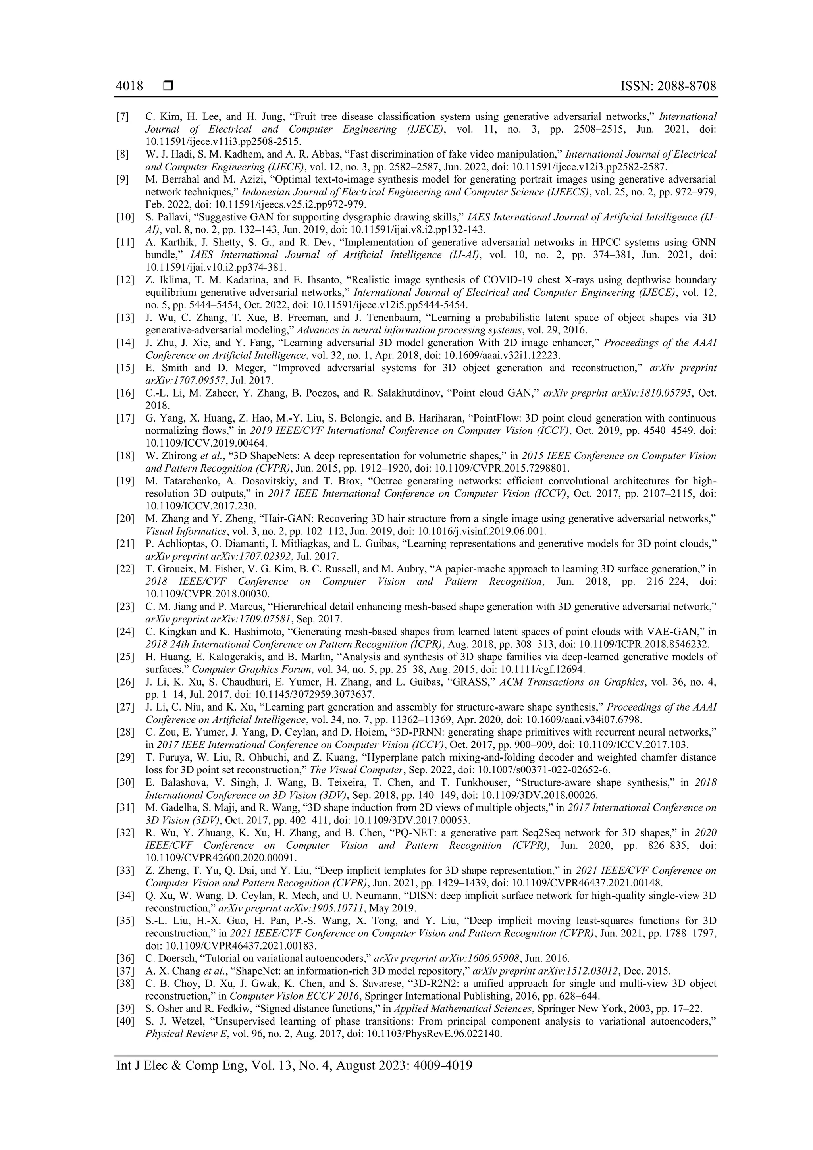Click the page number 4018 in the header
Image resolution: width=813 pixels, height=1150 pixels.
[129, 86]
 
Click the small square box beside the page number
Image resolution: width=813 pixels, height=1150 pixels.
[168, 86]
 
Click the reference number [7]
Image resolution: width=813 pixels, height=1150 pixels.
[123, 117]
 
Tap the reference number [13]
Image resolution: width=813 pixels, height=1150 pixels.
[125, 318]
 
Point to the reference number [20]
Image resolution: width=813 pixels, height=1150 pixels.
[125, 518]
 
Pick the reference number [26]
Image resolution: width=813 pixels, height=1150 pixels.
[125, 682]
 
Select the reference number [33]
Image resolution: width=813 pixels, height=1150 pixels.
[125, 870]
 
